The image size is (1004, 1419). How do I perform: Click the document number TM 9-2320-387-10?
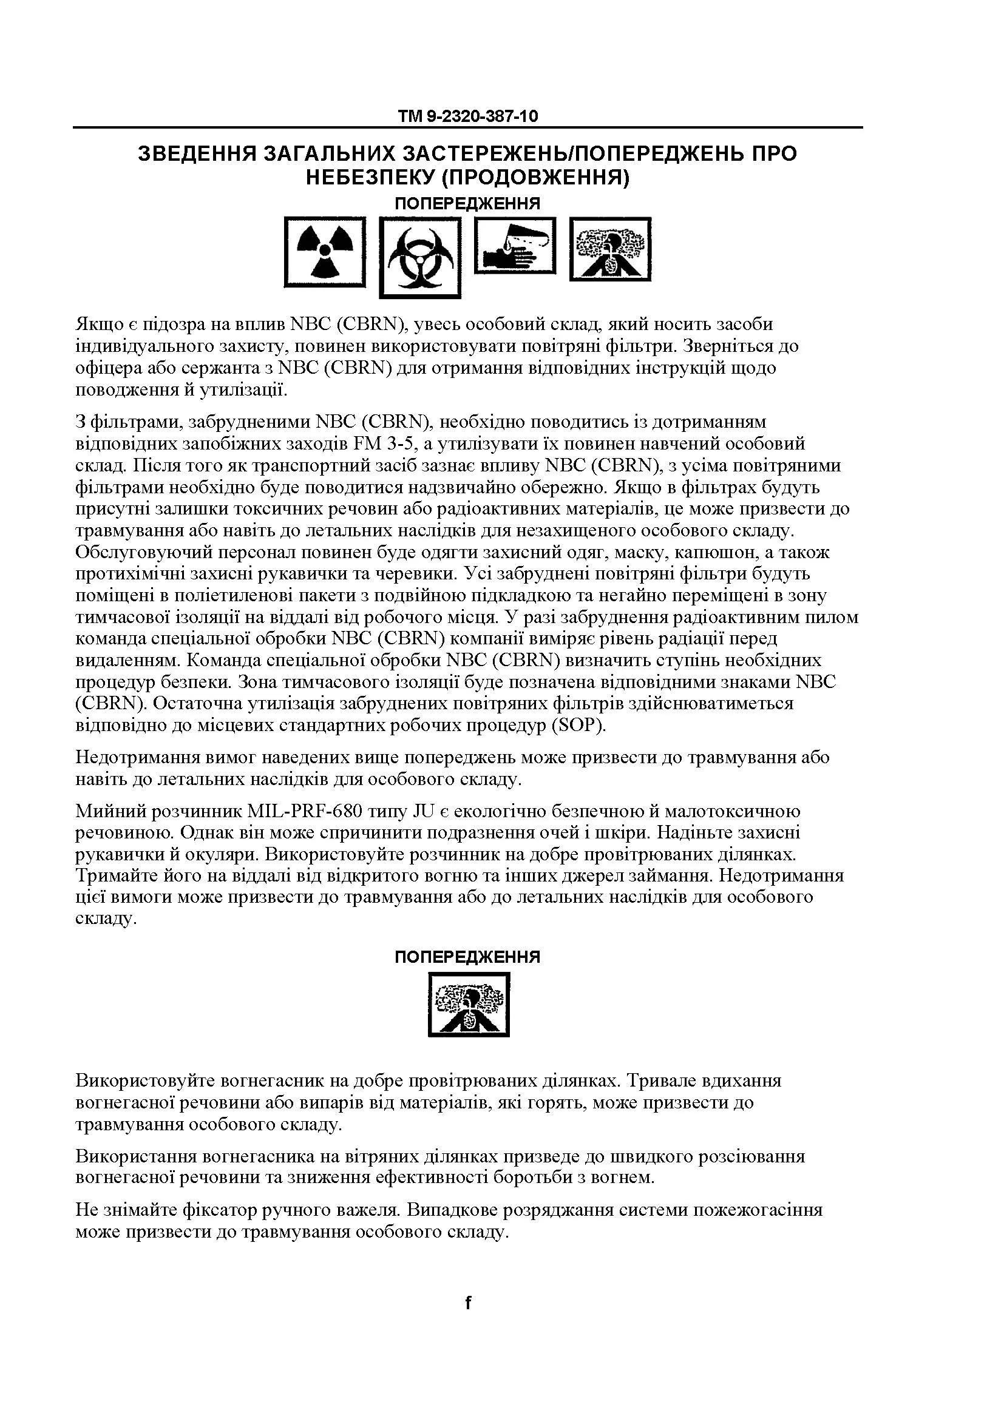pyautogui.click(x=467, y=116)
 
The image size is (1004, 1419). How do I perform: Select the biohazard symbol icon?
pyautogui.click(x=420, y=256)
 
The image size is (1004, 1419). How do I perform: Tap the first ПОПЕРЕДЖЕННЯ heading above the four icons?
pyautogui.click(x=467, y=203)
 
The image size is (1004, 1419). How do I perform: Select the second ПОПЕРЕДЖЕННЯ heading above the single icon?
pyautogui.click(x=467, y=957)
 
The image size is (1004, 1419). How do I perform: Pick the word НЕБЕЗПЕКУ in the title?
pyautogui.click(x=368, y=178)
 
